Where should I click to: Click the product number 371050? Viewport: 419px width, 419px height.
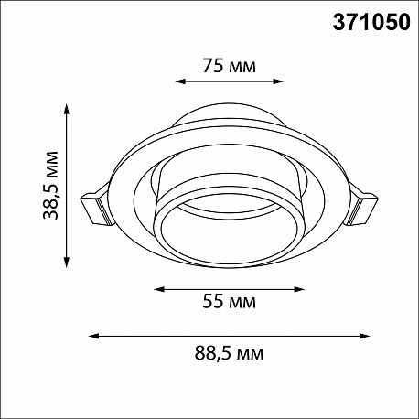pos(371,23)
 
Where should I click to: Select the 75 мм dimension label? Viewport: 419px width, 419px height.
pos(229,66)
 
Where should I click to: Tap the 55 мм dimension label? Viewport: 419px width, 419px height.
pos(229,302)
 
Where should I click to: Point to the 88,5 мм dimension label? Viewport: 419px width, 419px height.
pos(229,354)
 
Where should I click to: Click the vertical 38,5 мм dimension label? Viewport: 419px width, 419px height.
pos(50,186)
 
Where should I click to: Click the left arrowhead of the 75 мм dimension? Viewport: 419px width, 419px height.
pos(180,81)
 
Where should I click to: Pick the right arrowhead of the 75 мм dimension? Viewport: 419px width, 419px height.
pos(278,81)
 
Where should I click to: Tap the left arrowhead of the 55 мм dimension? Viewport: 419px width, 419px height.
pos(159,289)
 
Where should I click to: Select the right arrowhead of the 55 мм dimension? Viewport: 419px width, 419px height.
pos(299,289)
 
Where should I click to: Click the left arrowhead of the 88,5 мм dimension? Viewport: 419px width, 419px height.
pos(93,336)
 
